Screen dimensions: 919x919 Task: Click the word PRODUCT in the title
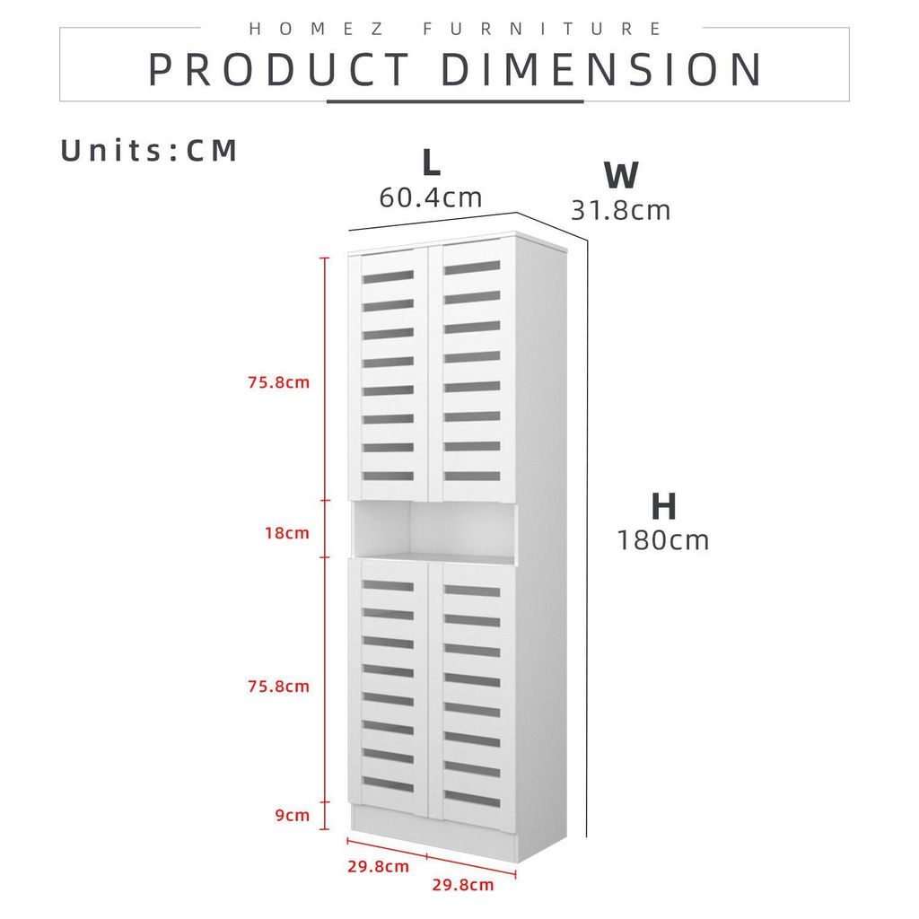(279, 70)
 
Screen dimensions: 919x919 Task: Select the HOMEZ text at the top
(317, 29)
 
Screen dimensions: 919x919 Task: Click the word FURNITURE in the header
(543, 29)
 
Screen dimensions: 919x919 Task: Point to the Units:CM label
(150, 151)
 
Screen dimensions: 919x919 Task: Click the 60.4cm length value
(431, 197)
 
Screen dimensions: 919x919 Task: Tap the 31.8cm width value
(621, 210)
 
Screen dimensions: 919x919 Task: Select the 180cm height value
(663, 539)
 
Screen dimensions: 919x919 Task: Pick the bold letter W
(621, 175)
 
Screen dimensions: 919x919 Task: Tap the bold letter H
(663, 506)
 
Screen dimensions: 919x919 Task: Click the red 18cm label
(286, 533)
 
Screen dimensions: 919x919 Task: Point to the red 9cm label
(293, 815)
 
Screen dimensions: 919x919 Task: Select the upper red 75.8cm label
(278, 382)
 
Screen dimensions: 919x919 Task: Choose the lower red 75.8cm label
(278, 687)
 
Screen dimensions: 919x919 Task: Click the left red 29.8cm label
(378, 866)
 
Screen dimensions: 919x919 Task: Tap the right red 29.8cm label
(463, 885)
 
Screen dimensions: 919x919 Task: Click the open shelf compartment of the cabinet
(434, 530)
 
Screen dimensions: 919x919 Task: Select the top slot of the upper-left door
(388, 276)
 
